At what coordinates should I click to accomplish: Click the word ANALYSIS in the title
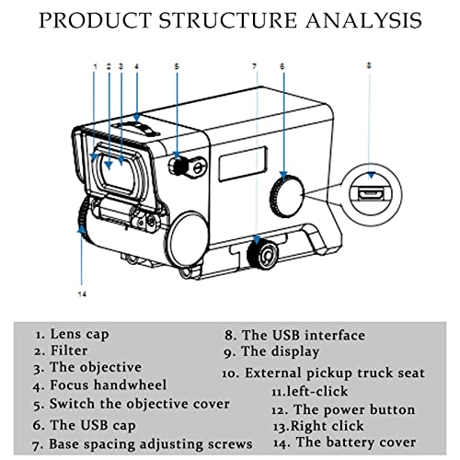[363, 20]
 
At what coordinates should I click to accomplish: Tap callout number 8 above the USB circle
[369, 65]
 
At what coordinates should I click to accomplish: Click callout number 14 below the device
[82, 294]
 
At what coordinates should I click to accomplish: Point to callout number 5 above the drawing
[177, 66]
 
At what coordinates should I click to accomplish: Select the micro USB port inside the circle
[371, 194]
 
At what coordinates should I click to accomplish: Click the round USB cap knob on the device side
[287, 196]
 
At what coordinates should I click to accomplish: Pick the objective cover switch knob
[178, 167]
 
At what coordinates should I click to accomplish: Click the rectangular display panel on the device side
[243, 164]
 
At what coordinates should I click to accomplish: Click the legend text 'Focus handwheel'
[109, 385]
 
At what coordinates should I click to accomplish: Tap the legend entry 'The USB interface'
[304, 335]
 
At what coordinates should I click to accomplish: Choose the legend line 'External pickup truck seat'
[335, 374]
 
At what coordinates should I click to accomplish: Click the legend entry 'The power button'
[354, 410]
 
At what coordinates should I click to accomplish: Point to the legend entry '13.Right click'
[318, 426]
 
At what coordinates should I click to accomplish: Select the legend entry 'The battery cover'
[356, 443]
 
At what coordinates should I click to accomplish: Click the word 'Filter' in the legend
[69, 351]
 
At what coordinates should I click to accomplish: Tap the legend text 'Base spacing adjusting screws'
[151, 444]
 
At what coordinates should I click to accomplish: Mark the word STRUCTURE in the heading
[228, 20]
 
